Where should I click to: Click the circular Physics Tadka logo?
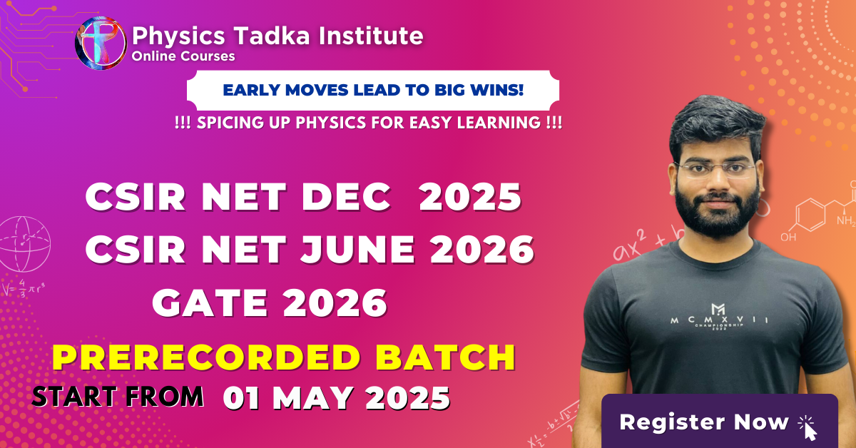[x=101, y=44]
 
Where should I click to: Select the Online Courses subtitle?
[x=183, y=56]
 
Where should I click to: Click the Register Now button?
[x=720, y=421]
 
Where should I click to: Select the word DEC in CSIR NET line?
[x=346, y=197]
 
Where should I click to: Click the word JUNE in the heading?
[x=357, y=250]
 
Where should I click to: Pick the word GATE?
[x=210, y=302]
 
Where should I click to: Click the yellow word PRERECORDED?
[x=206, y=357]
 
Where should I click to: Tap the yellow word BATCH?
[x=446, y=357]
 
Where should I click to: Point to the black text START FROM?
[x=118, y=396]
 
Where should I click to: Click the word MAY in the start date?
[x=312, y=398]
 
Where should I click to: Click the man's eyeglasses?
[x=715, y=169]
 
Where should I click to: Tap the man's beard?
[x=717, y=210]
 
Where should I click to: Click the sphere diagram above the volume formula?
[x=24, y=244]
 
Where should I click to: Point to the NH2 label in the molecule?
[x=846, y=220]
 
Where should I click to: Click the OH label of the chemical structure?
[x=788, y=237]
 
